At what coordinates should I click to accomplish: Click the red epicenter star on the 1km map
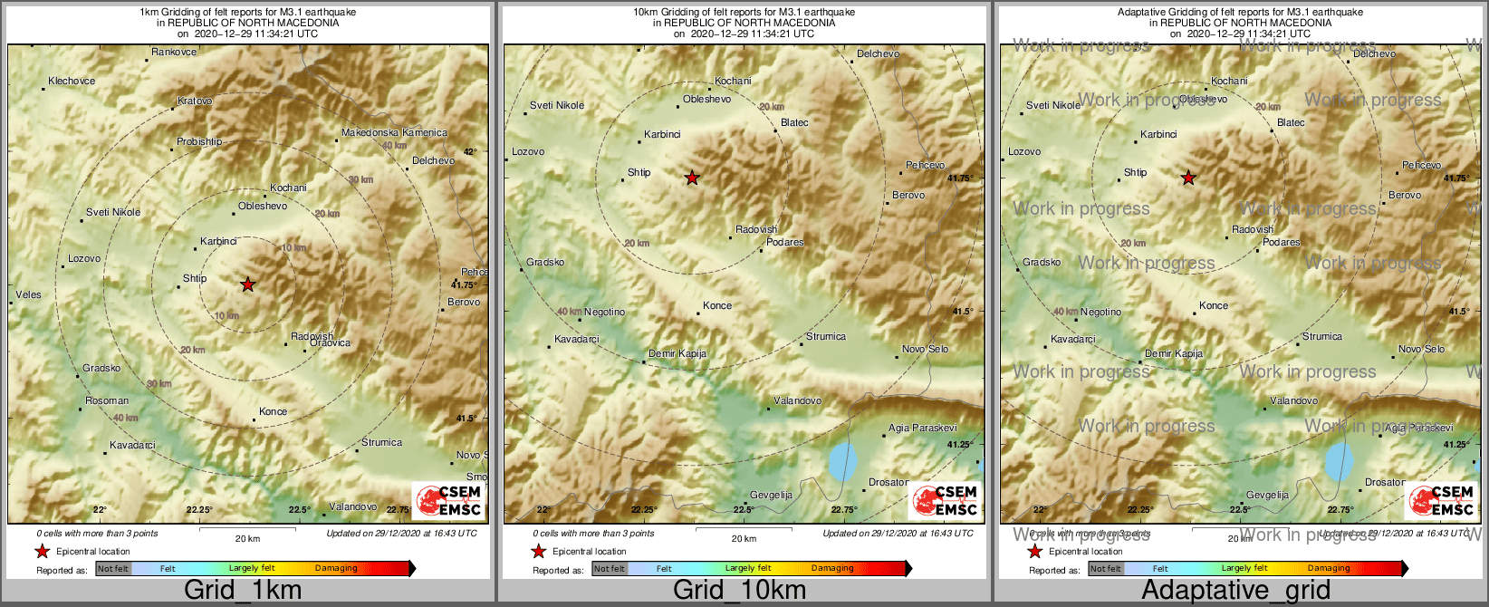(x=247, y=284)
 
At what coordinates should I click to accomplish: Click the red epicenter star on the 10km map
(x=692, y=178)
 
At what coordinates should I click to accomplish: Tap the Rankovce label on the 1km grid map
(x=174, y=53)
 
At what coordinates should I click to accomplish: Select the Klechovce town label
(x=72, y=82)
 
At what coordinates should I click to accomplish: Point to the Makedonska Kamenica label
(x=394, y=133)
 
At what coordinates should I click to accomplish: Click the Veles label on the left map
(x=28, y=295)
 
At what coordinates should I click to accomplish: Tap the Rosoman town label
(x=107, y=401)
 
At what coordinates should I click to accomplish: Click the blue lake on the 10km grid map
(x=843, y=462)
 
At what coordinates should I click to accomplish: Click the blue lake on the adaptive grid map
(x=1340, y=462)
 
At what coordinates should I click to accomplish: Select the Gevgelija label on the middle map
(x=771, y=496)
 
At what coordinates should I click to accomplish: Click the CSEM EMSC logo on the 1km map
(x=447, y=500)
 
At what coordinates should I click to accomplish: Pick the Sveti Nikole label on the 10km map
(x=557, y=106)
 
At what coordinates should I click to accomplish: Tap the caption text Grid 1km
(x=243, y=591)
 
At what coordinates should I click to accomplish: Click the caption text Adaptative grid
(x=1235, y=591)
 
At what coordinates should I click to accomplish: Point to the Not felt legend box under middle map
(x=610, y=569)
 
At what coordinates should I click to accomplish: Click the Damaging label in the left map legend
(x=336, y=569)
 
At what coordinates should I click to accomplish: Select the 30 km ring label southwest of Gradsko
(x=159, y=384)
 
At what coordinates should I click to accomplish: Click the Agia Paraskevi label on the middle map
(x=922, y=429)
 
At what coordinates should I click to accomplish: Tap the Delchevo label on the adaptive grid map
(x=1374, y=54)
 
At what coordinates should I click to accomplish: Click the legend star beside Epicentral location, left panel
(x=42, y=552)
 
